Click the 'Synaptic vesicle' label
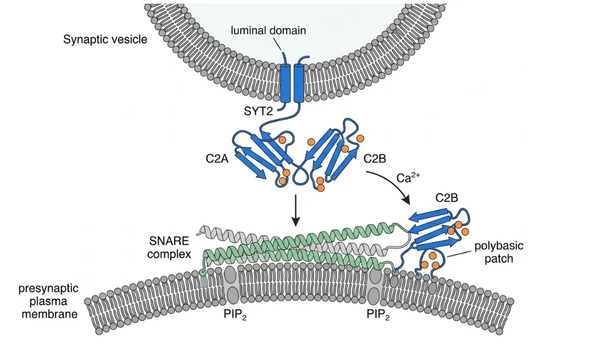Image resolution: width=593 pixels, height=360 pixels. coord(105,39)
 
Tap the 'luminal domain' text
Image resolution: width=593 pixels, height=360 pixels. coord(268,30)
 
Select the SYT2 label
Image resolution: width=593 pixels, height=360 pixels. coord(258,111)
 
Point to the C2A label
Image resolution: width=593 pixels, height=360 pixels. coord(217,159)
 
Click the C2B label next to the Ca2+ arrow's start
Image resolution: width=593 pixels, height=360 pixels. coord(375,159)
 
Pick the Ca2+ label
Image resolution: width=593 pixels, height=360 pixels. coord(408,177)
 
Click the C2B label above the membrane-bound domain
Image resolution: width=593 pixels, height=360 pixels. coord(447,198)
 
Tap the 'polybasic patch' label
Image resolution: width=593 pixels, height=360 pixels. coord(499,252)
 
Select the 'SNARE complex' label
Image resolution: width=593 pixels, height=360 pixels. coord(169,247)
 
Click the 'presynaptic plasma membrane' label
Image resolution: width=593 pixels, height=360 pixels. coord(49,301)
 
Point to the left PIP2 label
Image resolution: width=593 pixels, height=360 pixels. coord(235,314)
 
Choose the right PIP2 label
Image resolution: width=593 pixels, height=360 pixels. coord(378,314)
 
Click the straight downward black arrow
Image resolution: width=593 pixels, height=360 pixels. coord(295,210)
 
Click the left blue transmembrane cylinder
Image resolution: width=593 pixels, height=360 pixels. coord(286,83)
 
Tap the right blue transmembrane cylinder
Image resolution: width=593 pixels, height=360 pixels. coord(299,83)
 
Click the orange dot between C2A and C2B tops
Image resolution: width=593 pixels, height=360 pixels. coord(311,142)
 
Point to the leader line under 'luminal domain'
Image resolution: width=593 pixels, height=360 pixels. coord(277,44)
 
